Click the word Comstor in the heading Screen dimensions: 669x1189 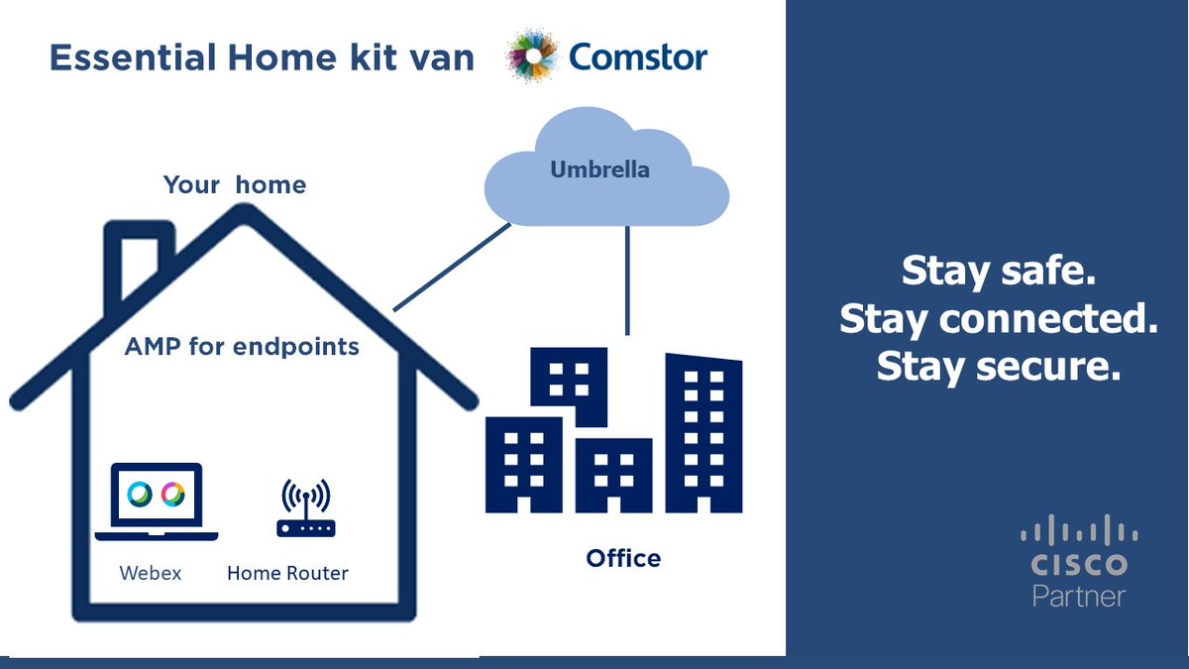(638, 57)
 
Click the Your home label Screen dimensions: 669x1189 (235, 184)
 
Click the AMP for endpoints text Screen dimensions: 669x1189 (242, 347)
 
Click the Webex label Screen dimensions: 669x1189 (151, 573)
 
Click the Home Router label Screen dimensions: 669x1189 (287, 573)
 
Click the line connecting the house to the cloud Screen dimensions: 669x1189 (452, 266)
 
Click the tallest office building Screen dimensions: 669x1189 (703, 433)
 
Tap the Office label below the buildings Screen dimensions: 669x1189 (623, 558)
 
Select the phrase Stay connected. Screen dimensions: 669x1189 (998, 319)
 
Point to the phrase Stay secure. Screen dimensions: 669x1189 (998, 366)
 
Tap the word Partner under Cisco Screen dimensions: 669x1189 (1079, 596)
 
